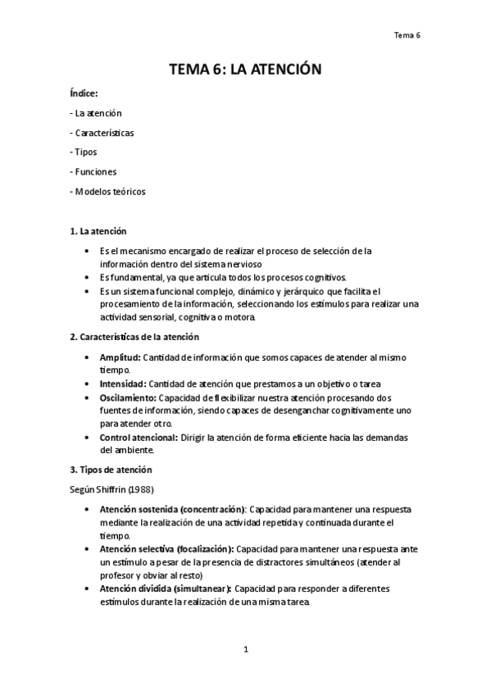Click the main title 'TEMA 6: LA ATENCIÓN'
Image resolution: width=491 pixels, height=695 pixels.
pos(245,70)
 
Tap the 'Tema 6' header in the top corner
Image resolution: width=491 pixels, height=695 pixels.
pos(407,35)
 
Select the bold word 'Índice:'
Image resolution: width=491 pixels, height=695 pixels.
pos(84,94)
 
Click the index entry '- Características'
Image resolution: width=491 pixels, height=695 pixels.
pos(102,133)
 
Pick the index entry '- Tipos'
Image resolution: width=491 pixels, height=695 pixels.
pos(84,152)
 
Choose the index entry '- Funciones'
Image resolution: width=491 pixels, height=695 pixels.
pos(93,172)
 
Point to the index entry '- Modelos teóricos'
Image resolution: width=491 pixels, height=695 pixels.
pos(109,192)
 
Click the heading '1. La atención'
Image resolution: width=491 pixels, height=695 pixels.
pos(98,232)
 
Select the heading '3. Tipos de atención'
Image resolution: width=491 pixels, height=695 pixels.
pos(111,470)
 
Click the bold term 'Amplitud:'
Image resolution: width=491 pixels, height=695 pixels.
pos(120,358)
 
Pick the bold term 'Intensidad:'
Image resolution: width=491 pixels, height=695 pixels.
pos(123,384)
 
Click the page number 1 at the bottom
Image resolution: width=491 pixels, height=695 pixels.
pos(245,650)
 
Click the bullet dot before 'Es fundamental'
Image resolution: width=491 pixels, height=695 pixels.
pos(88,278)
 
